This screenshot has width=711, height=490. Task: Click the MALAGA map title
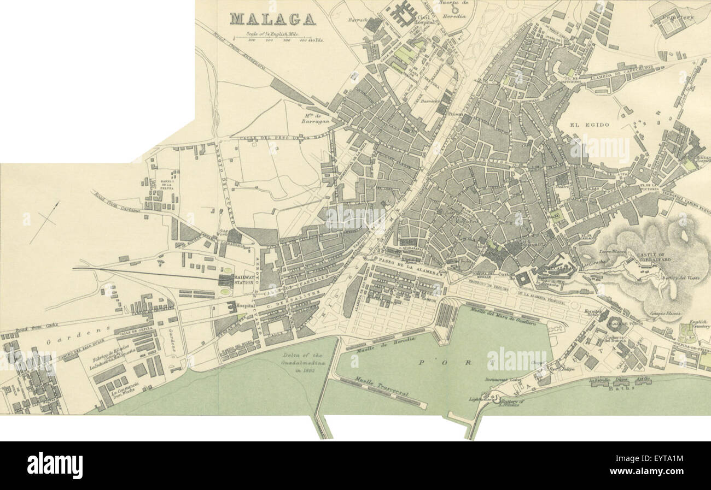[x=272, y=19]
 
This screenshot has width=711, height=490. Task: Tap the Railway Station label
[x=244, y=280]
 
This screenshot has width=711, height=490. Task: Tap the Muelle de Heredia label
[x=385, y=344]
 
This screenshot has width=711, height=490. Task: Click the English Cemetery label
[x=698, y=324]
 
